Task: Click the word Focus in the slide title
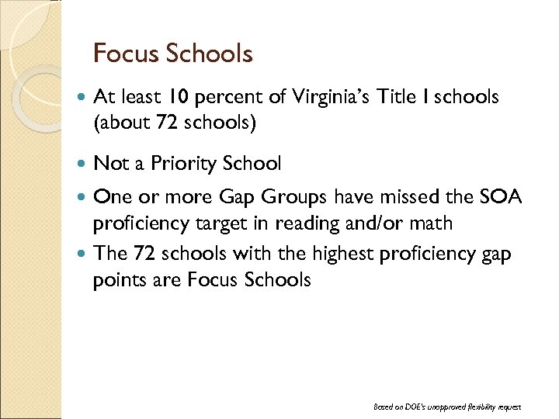coord(125,54)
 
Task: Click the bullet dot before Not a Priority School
coord(83,164)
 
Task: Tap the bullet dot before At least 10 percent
coord(83,98)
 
